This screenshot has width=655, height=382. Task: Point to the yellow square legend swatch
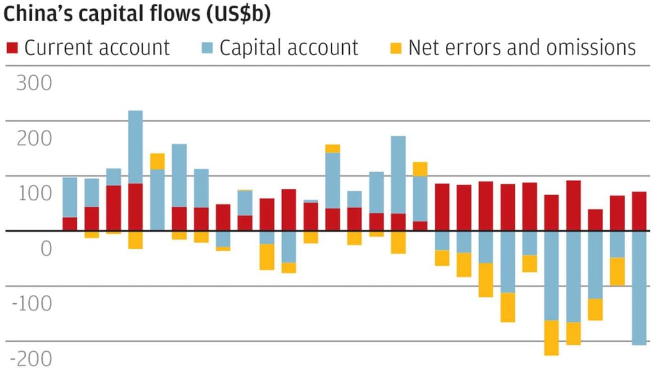pos(396,48)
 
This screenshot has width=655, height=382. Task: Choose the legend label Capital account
pos(288,48)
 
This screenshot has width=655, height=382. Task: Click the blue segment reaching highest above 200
pos(135,147)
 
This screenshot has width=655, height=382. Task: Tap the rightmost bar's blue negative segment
pos(638,288)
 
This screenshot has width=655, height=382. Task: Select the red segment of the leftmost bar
pos(70,224)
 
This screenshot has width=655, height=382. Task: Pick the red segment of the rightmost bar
pos(638,211)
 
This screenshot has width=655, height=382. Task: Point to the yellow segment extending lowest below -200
pos(551,338)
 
